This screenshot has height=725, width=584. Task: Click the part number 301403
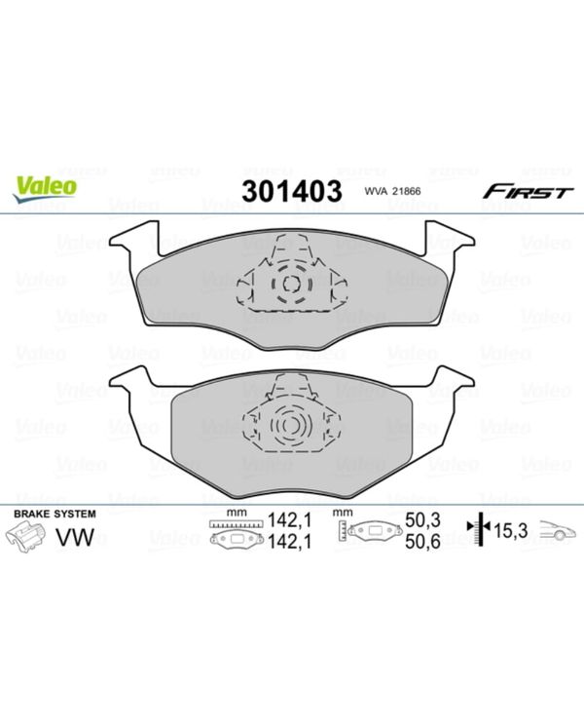tap(292, 190)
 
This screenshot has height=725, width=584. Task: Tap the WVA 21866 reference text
tap(392, 191)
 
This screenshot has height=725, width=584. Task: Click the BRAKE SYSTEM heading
tap(55, 514)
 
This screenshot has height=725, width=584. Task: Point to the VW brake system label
tap(74, 536)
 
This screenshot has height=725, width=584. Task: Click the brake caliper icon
tap(28, 538)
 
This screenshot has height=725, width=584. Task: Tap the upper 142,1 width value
tap(290, 520)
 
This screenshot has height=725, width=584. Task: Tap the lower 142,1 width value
tap(290, 541)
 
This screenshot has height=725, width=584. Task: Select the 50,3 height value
tap(422, 520)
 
